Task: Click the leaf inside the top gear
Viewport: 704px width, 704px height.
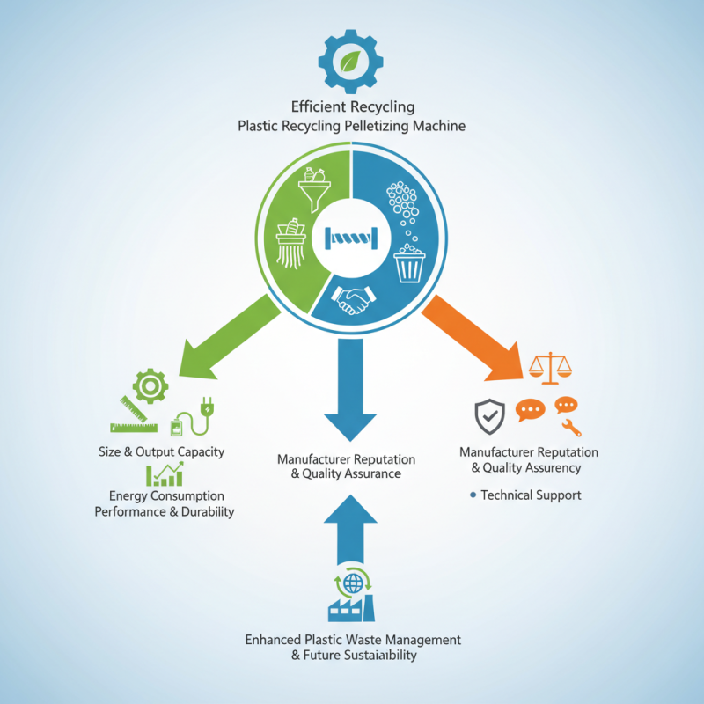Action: (x=351, y=61)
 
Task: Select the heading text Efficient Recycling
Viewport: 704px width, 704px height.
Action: (x=352, y=107)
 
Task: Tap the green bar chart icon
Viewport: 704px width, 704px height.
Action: (x=165, y=475)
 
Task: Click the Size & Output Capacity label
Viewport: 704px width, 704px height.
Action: (x=161, y=452)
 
